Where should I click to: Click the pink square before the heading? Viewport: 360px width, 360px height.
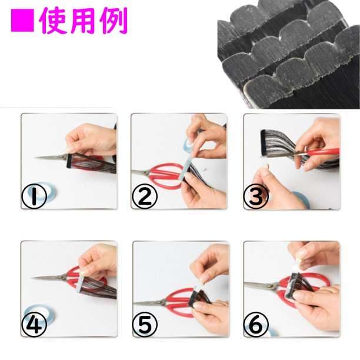[22, 21]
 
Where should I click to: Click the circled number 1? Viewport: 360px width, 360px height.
[34, 196]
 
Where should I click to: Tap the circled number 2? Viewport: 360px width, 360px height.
[145, 196]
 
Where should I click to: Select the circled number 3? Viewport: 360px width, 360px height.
[255, 196]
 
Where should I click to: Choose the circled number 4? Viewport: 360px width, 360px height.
[34, 324]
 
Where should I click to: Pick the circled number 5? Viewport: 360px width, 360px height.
[145, 324]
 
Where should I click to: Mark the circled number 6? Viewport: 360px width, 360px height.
[256, 324]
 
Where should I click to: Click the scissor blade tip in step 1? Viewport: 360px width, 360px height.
[35, 158]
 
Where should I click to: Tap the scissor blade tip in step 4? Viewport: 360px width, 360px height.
[32, 278]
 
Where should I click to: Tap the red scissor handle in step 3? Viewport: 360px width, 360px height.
[321, 152]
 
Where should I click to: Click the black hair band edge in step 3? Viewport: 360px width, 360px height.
[263, 142]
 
